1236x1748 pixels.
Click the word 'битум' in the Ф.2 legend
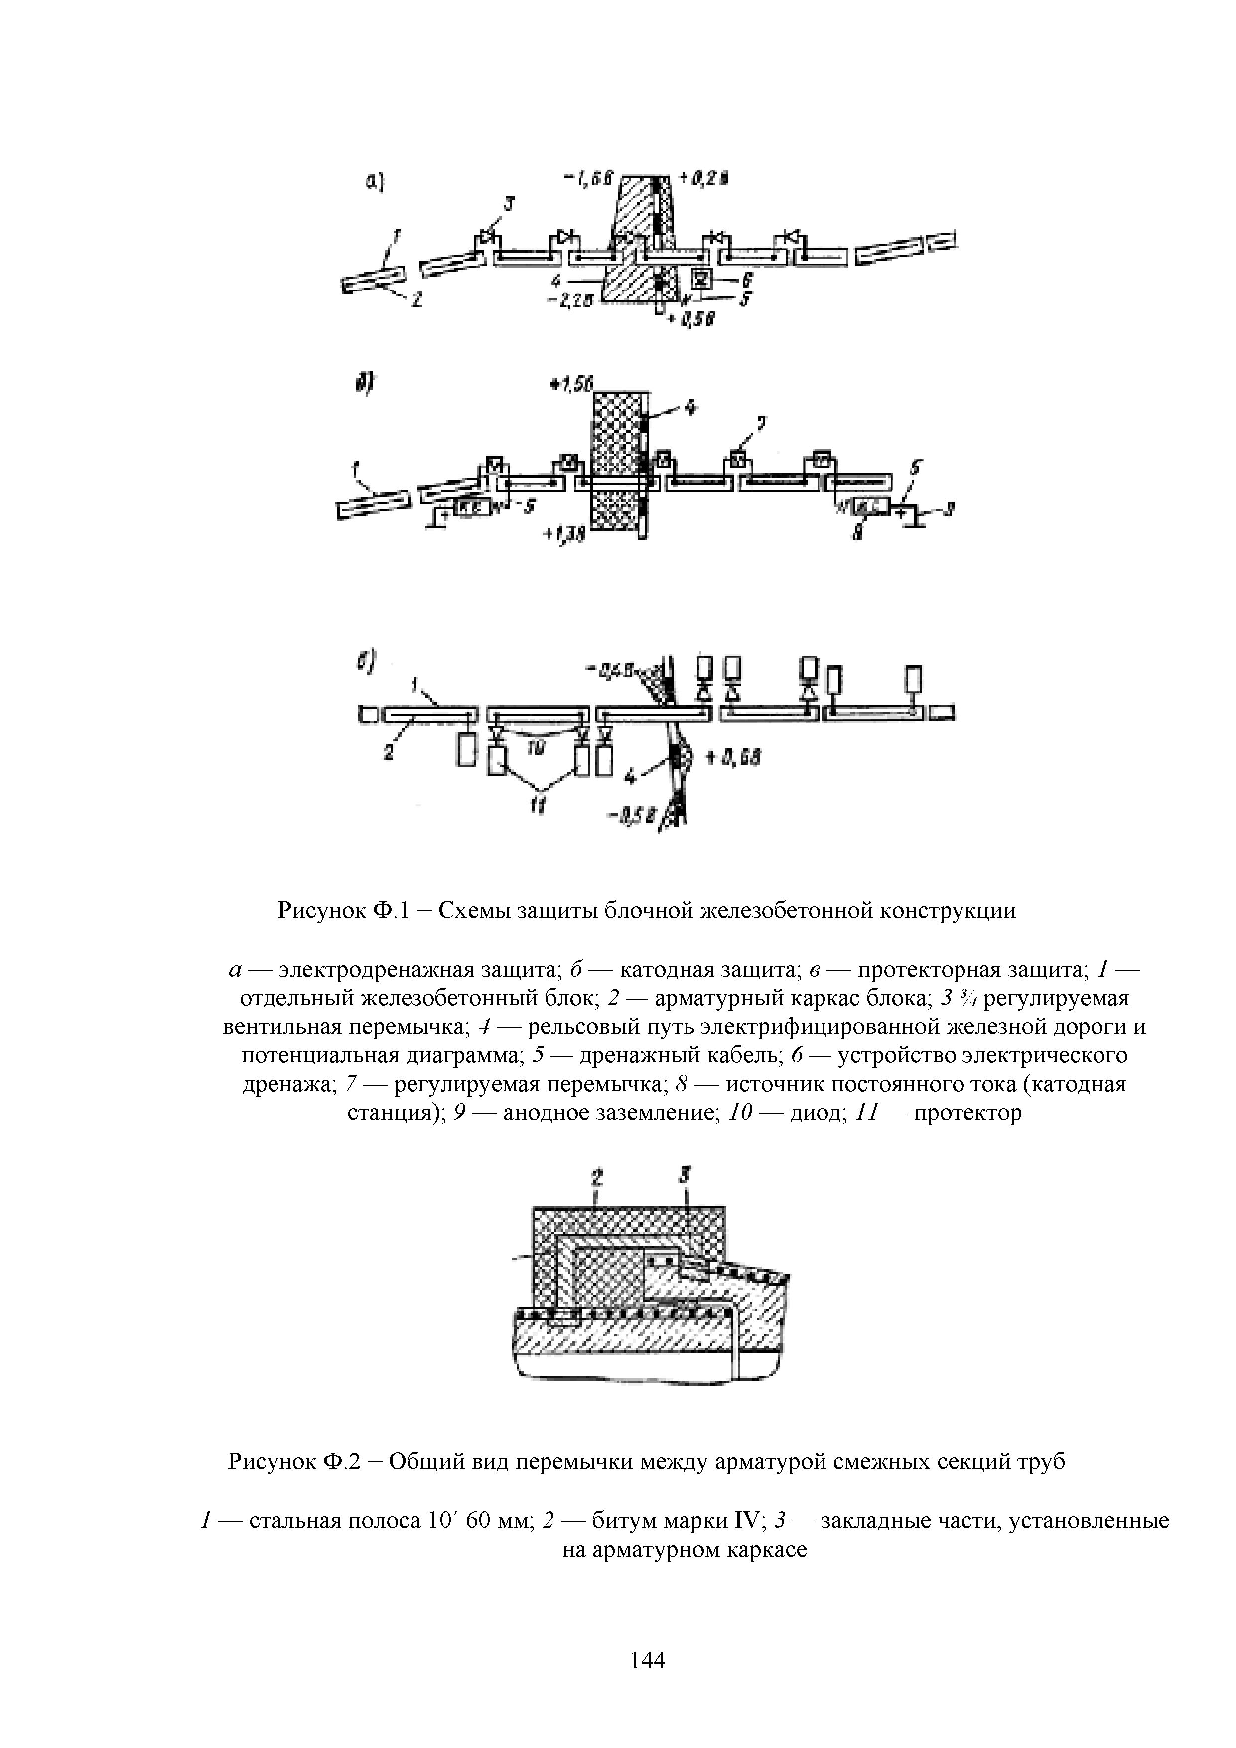pos(622,1521)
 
